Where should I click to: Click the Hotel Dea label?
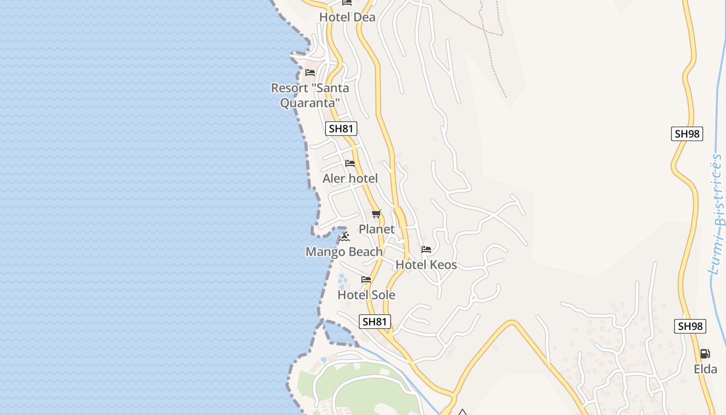[347, 17]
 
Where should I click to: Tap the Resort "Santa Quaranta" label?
[310, 95]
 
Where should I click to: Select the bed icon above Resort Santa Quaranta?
[310, 73]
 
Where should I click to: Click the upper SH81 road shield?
[341, 129]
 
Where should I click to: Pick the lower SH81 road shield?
[374, 322]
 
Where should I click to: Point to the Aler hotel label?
[350, 178]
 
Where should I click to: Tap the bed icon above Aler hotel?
[350, 163]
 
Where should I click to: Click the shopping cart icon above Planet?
[376, 214]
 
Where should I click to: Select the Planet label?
[376, 229]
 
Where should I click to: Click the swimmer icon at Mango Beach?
[345, 237]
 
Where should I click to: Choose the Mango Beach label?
[344, 252]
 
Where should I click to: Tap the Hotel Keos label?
[426, 265]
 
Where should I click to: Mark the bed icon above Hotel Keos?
[426, 250]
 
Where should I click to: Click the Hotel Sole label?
[366, 295]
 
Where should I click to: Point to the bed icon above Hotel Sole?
[366, 280]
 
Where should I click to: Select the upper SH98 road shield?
[687, 134]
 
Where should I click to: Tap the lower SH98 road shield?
[691, 326]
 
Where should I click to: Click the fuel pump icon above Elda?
[705, 354]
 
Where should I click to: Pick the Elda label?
[705, 369]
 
